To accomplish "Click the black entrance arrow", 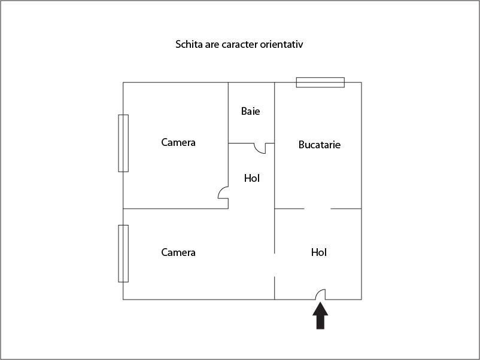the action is tap(320, 316).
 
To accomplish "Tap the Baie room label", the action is tap(250, 111).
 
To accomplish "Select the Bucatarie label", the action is tap(319, 144).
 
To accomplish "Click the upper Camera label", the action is tap(178, 142).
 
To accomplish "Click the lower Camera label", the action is tap(178, 252).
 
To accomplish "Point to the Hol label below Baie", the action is tap(251, 178).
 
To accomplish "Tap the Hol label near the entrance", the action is tap(318, 252).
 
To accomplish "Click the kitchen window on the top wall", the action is tap(320, 83).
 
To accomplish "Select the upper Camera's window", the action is tap(123, 143).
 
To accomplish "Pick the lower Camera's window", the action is tap(123, 254).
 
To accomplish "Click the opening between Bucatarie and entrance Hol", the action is tap(317, 209).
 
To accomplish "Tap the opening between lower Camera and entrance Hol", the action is tap(275, 265).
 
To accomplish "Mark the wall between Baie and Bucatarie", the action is tap(274, 112).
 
